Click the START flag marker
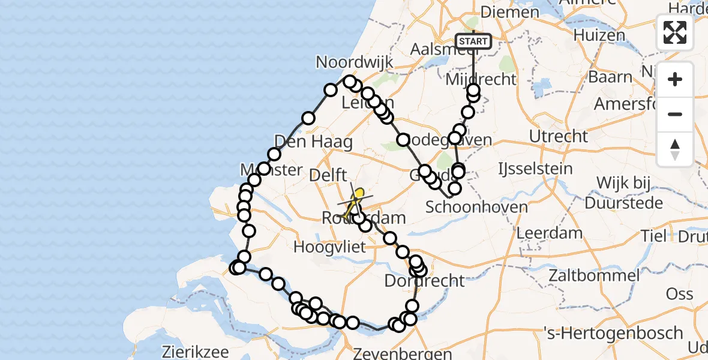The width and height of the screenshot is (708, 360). [x=473, y=41]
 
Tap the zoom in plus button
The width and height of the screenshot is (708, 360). [x=675, y=80]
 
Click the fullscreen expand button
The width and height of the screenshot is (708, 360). [x=675, y=32]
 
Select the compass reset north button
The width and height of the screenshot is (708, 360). [x=675, y=149]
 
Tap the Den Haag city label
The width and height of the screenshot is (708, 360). [x=305, y=142]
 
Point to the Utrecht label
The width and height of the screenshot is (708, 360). [x=558, y=136]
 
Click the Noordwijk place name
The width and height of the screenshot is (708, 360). [x=355, y=62]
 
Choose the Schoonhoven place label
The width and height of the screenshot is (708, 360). [x=476, y=208]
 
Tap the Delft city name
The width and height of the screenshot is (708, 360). [x=328, y=176]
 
